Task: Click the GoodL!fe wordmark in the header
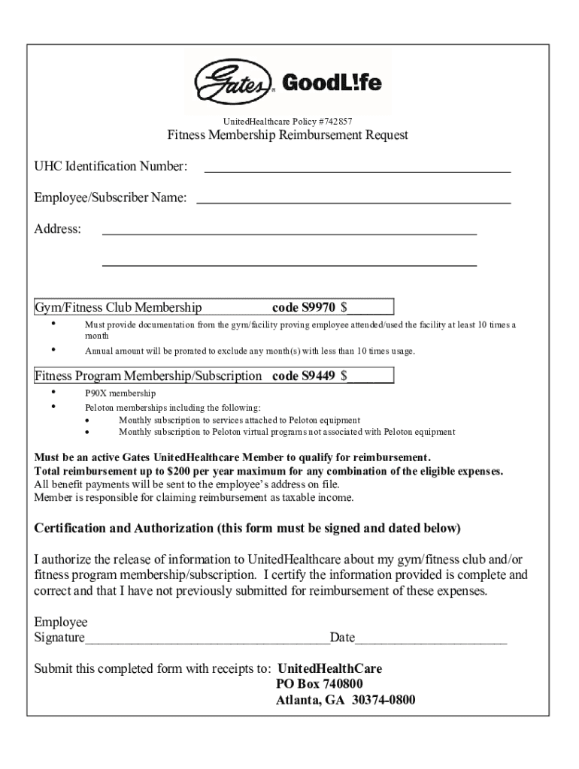click(331, 82)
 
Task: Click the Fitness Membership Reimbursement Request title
click(287, 135)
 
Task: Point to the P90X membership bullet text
click(120, 394)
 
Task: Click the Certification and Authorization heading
click(247, 528)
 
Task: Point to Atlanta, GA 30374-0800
click(345, 701)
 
